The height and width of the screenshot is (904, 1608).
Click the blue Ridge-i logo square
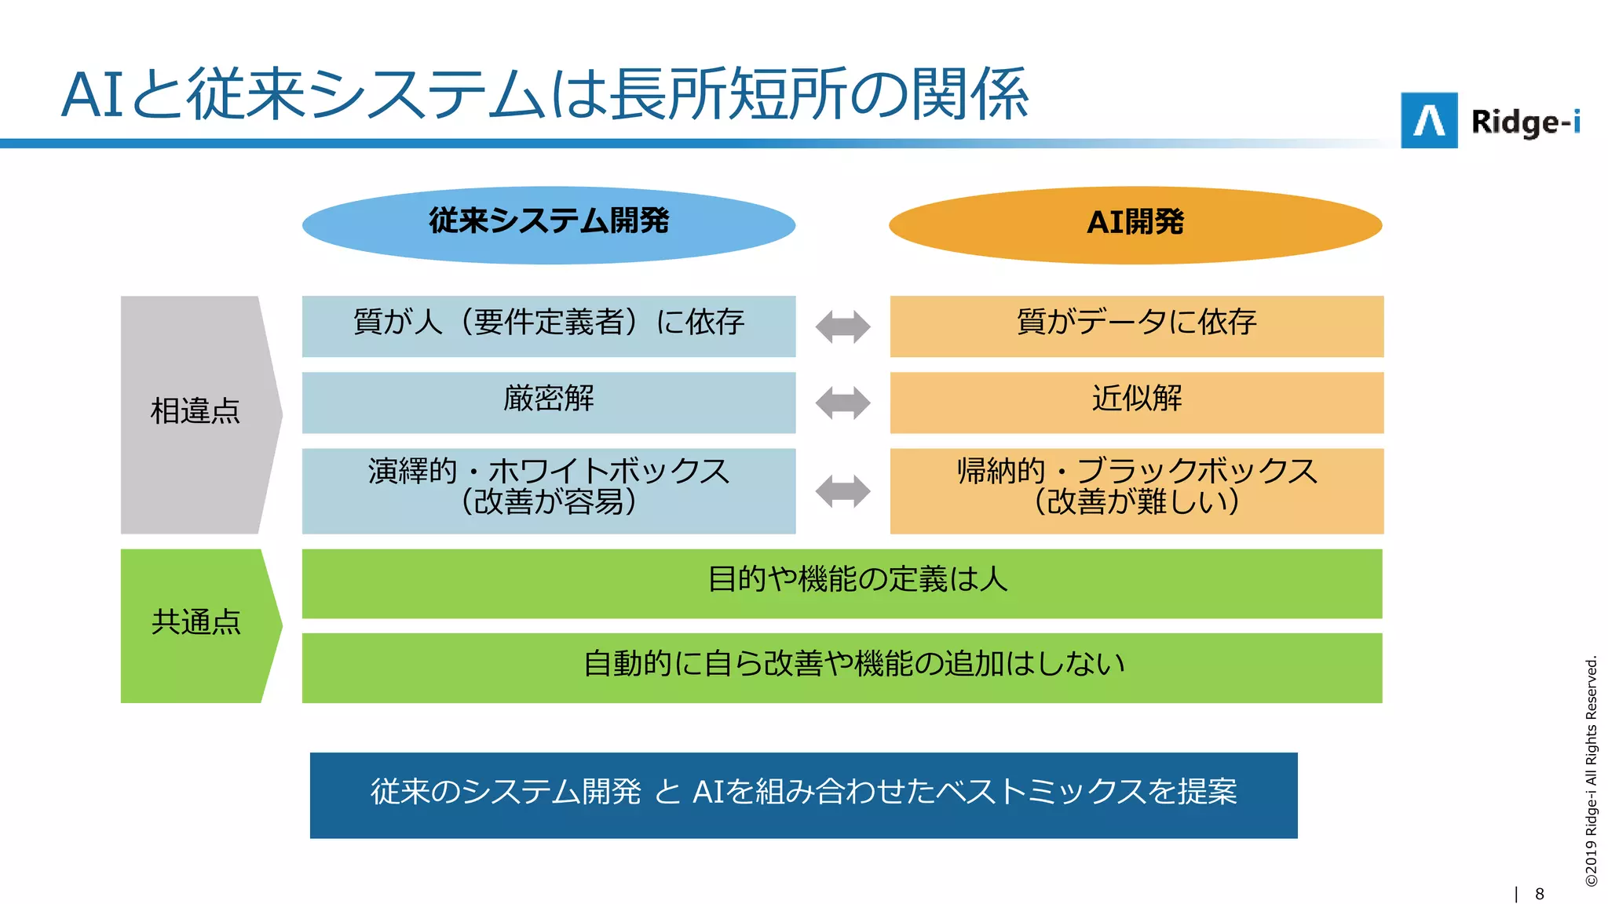point(1429,121)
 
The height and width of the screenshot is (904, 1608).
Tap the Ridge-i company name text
point(1525,122)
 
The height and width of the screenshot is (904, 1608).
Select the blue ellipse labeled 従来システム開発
point(549,224)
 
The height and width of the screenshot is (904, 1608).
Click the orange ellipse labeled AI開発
point(1135,224)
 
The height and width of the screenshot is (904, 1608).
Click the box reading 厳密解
point(549,402)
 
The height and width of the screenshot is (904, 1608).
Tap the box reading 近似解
point(1136,402)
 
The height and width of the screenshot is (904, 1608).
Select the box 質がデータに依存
point(1136,326)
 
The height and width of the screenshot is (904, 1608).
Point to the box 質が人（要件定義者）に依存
point(549,326)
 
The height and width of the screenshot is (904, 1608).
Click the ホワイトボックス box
point(549,490)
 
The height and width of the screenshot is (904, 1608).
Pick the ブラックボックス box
point(1136,490)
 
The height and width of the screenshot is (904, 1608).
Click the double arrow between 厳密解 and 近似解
point(842,403)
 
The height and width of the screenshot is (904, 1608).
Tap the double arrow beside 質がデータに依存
point(842,327)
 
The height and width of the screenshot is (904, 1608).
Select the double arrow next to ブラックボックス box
point(842,492)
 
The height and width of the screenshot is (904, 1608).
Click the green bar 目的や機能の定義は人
point(842,583)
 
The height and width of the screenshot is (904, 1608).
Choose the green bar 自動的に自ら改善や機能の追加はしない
point(842,667)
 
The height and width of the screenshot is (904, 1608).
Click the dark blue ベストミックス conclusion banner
point(803,795)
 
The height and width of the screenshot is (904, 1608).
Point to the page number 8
point(1539,894)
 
